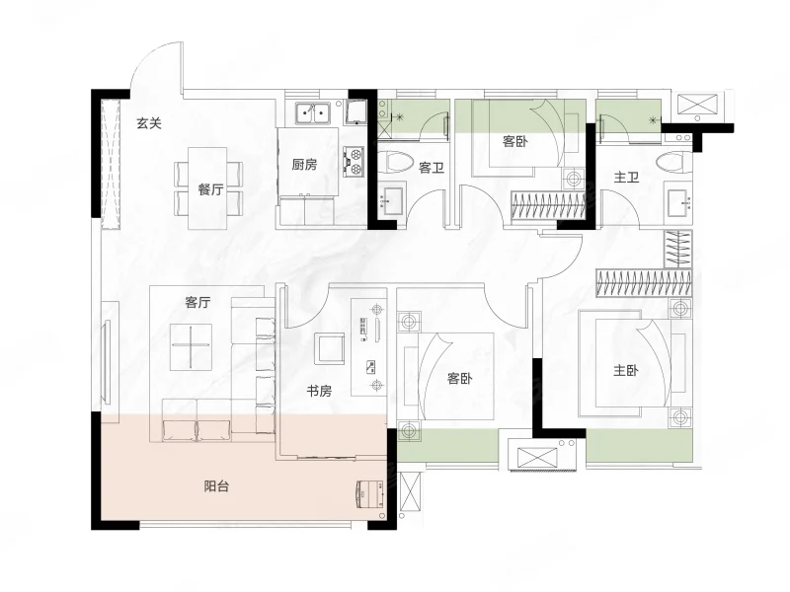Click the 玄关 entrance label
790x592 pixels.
(x=149, y=122)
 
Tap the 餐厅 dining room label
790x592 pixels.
(x=210, y=189)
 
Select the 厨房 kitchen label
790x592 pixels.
(x=304, y=165)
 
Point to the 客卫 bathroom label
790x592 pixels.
(x=432, y=167)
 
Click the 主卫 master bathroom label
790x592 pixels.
(x=626, y=177)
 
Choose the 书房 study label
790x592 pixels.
(x=320, y=391)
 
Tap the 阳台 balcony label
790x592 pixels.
(x=216, y=486)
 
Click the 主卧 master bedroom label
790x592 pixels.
(x=626, y=371)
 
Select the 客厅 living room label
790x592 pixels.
(x=197, y=302)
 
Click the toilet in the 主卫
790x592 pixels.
(x=674, y=162)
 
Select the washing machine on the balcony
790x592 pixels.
(x=370, y=494)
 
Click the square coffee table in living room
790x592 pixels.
(x=191, y=346)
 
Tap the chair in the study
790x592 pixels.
(x=329, y=348)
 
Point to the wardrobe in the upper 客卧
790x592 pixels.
(x=548, y=205)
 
